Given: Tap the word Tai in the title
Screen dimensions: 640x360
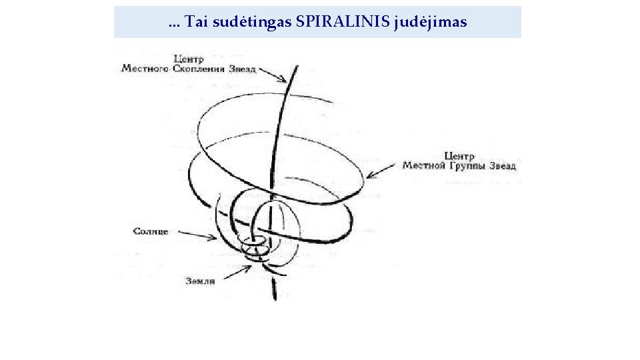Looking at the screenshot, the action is coord(195,22).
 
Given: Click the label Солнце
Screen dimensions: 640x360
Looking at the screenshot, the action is coord(151,231).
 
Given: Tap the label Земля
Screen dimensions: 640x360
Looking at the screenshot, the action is coord(200,281).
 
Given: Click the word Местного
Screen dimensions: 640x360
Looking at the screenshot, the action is coord(145,68).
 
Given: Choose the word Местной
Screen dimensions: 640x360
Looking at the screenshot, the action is coord(423,165).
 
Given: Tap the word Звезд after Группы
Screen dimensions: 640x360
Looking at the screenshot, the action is coord(503,165).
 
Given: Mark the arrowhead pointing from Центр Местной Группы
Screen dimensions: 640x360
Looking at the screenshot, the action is coord(369,177).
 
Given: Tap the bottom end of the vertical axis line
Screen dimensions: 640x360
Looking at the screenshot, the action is coord(273,298).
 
